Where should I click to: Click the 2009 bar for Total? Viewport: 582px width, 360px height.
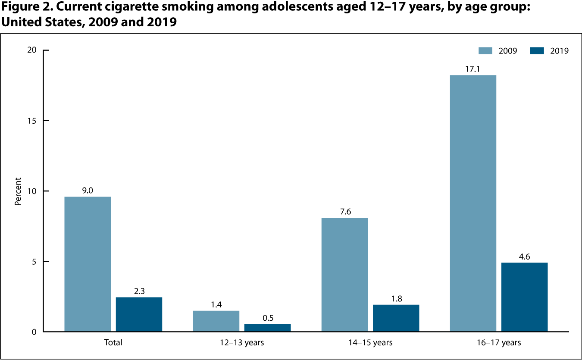[88, 264]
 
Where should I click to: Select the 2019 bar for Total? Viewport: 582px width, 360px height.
[139, 314]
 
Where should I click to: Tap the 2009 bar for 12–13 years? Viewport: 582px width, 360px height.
[216, 321]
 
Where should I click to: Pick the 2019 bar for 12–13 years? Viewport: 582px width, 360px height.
[267, 328]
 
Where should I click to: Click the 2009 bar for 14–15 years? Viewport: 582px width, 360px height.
[344, 275]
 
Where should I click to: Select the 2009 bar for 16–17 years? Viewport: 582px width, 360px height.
[473, 203]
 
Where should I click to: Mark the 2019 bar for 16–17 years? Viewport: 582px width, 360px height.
[524, 297]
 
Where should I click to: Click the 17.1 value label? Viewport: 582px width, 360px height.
[473, 69]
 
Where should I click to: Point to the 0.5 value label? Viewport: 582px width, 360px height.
[267, 318]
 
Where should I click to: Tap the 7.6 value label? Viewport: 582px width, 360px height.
[344, 211]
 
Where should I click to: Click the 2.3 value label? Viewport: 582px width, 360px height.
[139, 291]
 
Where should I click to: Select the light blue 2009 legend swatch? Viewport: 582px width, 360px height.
[485, 50]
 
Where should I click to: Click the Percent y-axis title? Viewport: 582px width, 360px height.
[18, 191]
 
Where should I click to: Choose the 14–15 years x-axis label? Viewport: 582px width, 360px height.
[370, 343]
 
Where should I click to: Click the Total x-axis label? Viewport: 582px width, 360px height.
[113, 343]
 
